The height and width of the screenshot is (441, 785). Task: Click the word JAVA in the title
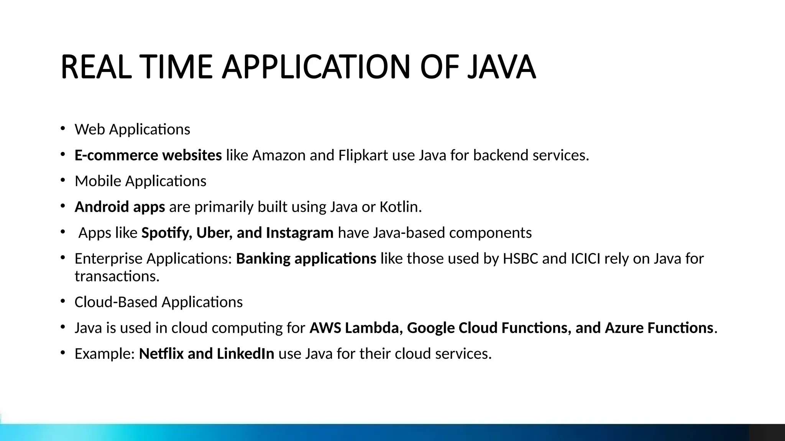click(501, 67)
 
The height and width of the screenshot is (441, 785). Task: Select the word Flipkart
click(363, 155)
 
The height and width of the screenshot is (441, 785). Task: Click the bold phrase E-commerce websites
click(148, 155)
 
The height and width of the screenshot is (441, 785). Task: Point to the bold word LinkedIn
click(245, 354)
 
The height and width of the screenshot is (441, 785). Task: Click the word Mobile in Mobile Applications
click(98, 181)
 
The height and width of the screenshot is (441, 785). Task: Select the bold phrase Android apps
click(120, 207)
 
